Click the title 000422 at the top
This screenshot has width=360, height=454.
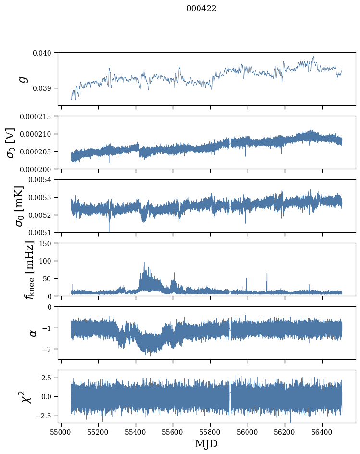201,9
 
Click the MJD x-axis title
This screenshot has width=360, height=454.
206,444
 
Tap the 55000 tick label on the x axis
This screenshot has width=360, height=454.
61,431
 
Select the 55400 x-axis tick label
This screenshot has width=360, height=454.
136,431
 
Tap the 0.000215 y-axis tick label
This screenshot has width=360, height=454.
40,116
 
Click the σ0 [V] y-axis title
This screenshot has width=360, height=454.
11,143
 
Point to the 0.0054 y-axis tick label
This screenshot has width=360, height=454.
43,180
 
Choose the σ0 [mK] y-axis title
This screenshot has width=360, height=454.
11,206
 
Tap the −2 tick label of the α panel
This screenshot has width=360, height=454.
48,349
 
